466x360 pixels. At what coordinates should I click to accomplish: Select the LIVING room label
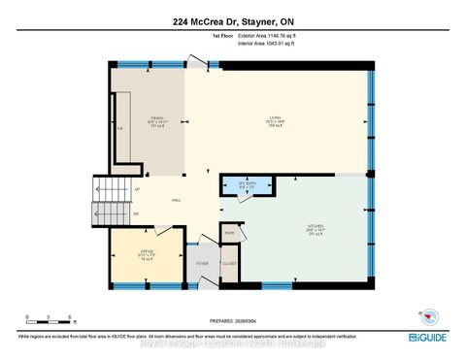click(275, 118)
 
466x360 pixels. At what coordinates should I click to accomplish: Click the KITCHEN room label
click(315, 226)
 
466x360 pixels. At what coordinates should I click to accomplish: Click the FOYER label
click(203, 264)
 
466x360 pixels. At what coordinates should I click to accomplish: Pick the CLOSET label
click(229, 263)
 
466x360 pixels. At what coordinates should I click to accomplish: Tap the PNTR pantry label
click(230, 232)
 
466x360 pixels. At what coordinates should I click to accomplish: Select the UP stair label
click(137, 189)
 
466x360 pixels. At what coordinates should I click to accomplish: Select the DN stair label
click(137, 213)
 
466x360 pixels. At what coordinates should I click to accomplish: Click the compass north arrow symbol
click(424, 315)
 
